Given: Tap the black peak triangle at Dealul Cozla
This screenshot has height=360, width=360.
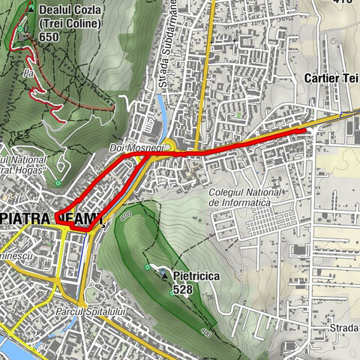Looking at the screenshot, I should point(31,7).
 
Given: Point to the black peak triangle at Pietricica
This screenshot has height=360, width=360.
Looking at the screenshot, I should point(165,276).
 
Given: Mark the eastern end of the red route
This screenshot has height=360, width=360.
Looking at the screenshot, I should point(305,131).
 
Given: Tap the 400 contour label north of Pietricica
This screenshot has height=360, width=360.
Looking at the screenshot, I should point(123,215).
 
